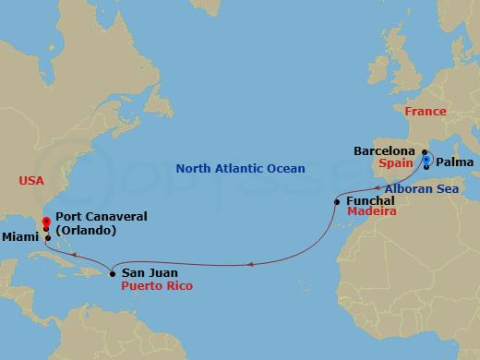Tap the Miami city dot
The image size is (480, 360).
48,238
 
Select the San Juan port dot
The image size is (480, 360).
112,273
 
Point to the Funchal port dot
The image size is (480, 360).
337,201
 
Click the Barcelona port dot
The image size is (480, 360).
426,150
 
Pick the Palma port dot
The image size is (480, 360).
426,167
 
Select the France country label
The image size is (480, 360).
426,112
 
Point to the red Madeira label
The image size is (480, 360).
371,212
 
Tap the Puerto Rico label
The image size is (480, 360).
154,286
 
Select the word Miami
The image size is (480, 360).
22,238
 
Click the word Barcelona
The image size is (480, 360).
387,150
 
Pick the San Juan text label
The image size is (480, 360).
147,273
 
